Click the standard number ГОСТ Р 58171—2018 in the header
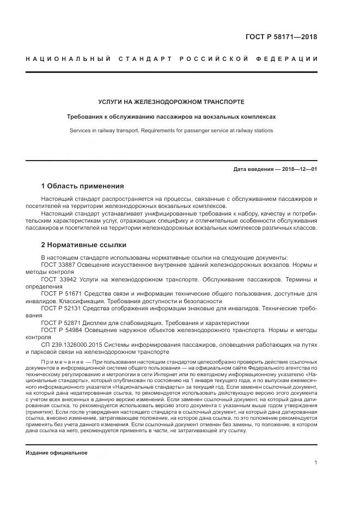(284, 37)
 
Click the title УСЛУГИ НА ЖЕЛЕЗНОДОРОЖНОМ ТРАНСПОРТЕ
(171, 102)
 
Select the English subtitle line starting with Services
(171, 131)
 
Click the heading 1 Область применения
(83, 186)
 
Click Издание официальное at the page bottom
(57, 453)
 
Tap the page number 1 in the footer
(316, 462)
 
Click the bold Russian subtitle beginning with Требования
(171, 116)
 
